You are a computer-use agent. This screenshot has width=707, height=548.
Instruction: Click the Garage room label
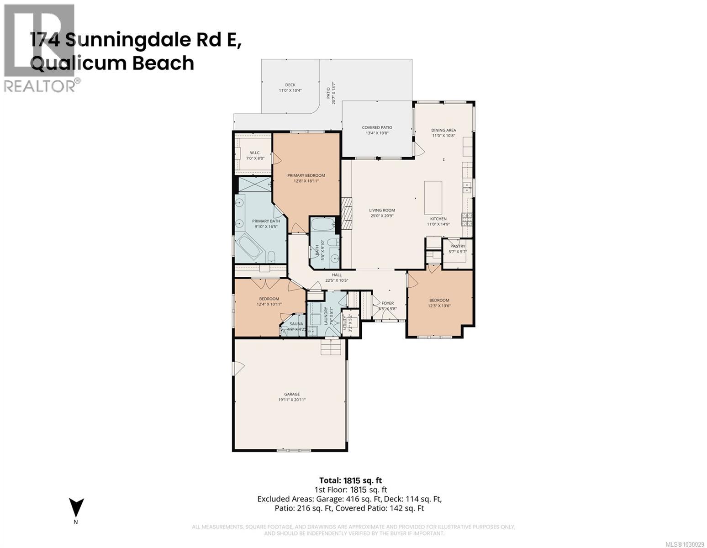[292, 394]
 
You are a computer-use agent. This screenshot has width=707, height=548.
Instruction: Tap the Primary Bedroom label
[306, 175]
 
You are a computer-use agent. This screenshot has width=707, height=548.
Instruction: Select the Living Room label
[382, 211]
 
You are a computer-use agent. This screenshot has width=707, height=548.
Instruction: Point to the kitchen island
[433, 197]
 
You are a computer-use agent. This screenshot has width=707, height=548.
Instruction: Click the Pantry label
[457, 246]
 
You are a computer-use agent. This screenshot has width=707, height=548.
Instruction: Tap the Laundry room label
[326, 315]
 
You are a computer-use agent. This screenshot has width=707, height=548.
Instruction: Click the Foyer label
[387, 303]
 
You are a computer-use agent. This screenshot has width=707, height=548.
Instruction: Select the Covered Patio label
[377, 127]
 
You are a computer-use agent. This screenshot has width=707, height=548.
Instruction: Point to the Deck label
[290, 85]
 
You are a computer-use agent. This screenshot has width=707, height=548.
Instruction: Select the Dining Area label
[443, 130]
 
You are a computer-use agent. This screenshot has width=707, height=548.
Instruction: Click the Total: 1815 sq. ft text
[350, 480]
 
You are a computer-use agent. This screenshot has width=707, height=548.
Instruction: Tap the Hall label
[337, 275]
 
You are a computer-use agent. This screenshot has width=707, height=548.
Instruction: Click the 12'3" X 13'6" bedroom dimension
[438, 306]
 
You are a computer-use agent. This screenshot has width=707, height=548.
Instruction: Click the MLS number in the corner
[685, 544]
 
